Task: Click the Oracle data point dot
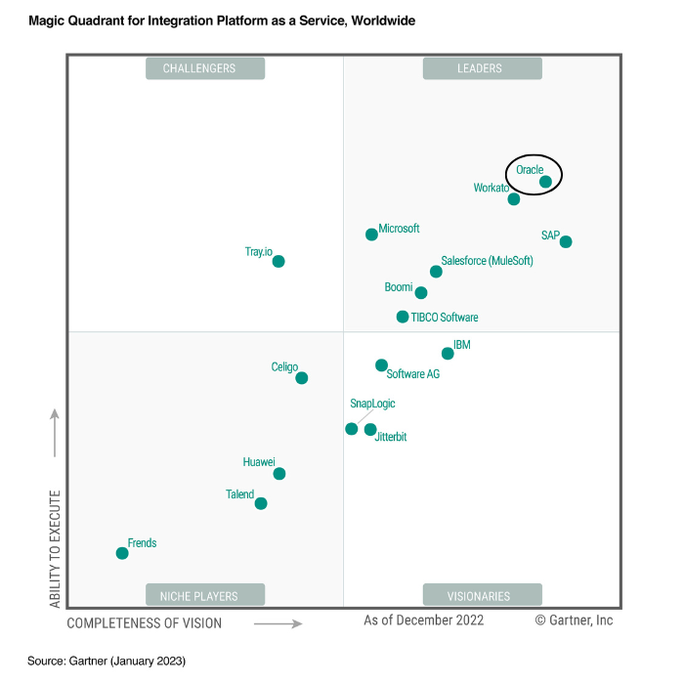point(545,182)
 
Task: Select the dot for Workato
point(514,199)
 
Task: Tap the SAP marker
point(566,242)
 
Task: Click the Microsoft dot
point(371,235)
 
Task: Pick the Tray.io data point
point(278,261)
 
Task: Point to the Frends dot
point(122,553)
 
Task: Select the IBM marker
point(448,354)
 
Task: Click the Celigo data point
point(301,378)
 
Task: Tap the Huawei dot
point(279,474)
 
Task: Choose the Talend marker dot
point(261,504)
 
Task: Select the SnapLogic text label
point(372,404)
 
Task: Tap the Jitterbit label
point(391,438)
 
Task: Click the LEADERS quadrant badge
point(480,68)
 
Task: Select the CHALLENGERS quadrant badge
point(205,68)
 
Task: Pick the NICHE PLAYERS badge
point(205,595)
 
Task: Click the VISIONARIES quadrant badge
point(480,595)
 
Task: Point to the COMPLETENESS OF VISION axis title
point(145,622)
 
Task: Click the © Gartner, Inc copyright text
point(574,620)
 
